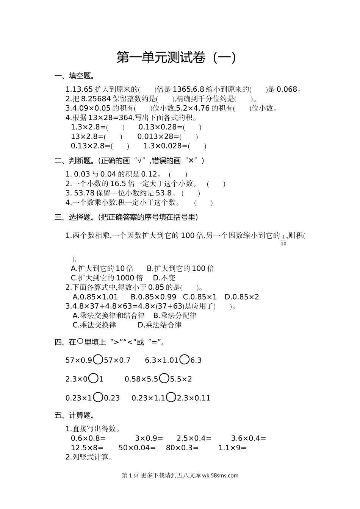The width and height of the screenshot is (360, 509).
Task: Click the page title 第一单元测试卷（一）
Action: click(176, 58)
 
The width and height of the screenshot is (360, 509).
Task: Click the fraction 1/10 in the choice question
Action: click(283, 240)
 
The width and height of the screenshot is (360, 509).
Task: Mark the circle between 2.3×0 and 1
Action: click(94, 378)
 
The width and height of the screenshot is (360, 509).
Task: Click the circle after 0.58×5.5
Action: click(164, 378)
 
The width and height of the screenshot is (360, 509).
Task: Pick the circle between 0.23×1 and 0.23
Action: click(98, 397)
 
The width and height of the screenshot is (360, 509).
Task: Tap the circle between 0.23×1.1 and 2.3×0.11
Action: click(171, 397)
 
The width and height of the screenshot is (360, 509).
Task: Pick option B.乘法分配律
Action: click(175, 315)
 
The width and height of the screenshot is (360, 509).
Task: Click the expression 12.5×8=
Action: click(88, 448)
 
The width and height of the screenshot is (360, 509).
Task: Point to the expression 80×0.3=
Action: click(182, 448)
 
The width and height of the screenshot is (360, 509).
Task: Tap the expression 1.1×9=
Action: click(232, 448)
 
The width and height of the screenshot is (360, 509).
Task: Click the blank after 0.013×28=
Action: click(189, 137)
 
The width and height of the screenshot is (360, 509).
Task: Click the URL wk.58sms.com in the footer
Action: click(220, 475)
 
